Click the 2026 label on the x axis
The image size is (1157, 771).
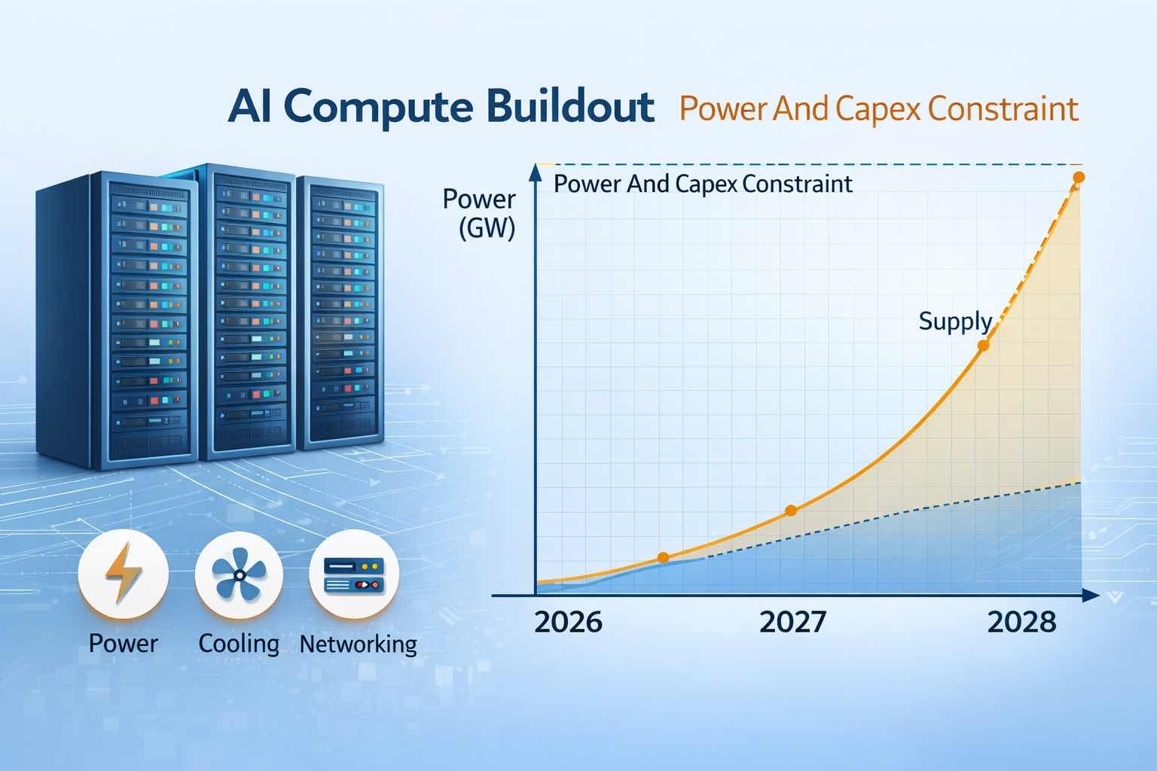(568, 623)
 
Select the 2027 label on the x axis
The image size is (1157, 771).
(792, 623)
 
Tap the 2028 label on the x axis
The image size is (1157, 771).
(1021, 623)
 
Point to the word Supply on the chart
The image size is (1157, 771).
(954, 322)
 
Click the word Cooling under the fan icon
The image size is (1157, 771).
(239, 644)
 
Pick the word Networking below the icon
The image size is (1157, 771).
(358, 644)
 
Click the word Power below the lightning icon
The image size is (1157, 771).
(123, 644)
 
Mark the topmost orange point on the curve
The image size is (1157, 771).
(1078, 177)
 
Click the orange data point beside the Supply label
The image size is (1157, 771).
(983, 346)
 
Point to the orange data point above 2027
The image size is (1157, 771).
(790, 510)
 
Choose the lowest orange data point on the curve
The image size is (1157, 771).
(663, 557)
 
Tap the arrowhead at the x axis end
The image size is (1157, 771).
(1087, 596)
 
